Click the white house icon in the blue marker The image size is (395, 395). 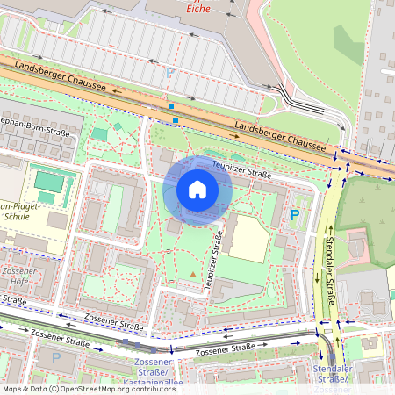pyautogui.click(x=197, y=190)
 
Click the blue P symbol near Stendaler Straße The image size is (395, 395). pyautogui.click(x=295, y=215)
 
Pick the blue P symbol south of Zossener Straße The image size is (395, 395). pyautogui.click(x=56, y=357)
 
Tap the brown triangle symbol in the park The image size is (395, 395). pyautogui.click(x=193, y=276)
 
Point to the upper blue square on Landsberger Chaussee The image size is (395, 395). pyautogui.click(x=171, y=106)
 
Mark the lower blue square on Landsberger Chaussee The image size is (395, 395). pyautogui.click(x=176, y=119)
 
